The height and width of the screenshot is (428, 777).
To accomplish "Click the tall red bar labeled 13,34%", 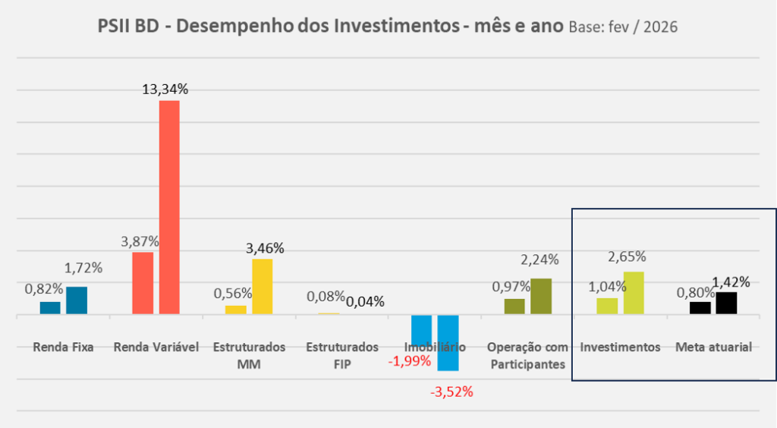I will [x=169, y=206].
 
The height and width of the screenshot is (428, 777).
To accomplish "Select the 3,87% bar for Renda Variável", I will [x=143, y=282].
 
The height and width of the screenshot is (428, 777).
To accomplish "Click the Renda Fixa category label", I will [x=63, y=348].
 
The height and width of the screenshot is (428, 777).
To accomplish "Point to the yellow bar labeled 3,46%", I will [x=262, y=286].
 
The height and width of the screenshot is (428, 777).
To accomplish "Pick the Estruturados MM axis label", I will [x=249, y=355].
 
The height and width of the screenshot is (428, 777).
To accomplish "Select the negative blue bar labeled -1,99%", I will [x=421, y=330].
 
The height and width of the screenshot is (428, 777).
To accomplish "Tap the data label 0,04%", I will [x=365, y=301].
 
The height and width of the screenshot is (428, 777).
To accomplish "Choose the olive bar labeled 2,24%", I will [x=541, y=296].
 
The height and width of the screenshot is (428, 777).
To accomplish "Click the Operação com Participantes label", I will [x=527, y=355].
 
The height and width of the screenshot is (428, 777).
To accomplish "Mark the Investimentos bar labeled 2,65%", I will [x=634, y=292].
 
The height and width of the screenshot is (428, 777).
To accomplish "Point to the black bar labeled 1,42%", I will [x=726, y=302].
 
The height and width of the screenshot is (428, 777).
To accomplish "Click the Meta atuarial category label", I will [x=713, y=348].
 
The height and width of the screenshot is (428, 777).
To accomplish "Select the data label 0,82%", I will [x=44, y=289].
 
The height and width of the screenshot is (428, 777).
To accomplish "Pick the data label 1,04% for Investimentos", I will [x=606, y=286].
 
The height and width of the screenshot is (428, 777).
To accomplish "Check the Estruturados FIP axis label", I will [x=342, y=355].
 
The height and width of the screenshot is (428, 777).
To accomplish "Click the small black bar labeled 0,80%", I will [x=700, y=307].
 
